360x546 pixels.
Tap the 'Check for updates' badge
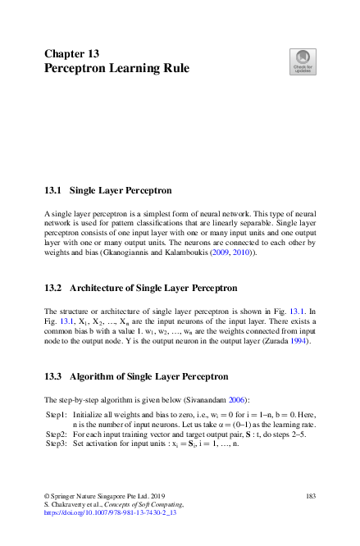tap(303, 61)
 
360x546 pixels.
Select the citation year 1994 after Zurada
tap(301, 341)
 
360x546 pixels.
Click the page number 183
tap(310, 496)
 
